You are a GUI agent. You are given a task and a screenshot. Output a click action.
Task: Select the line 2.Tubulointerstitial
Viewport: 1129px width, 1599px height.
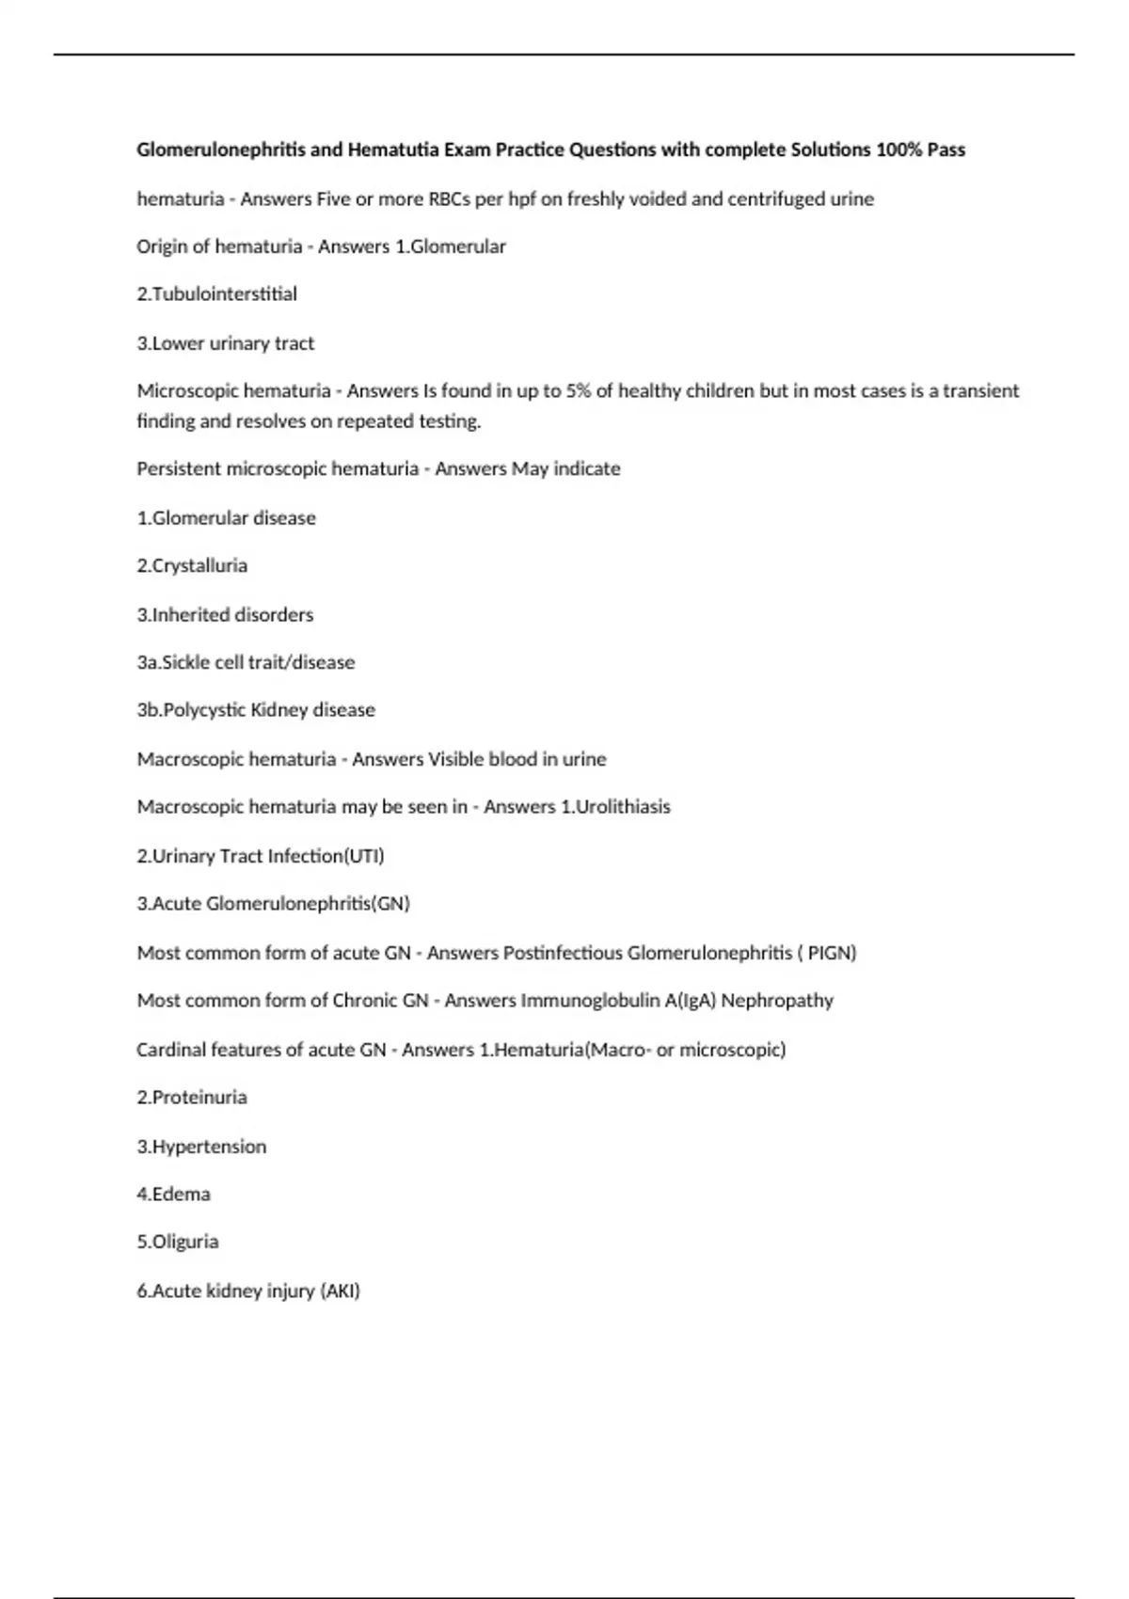coord(216,294)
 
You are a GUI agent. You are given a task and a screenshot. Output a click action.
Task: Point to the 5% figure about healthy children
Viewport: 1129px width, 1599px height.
coord(578,390)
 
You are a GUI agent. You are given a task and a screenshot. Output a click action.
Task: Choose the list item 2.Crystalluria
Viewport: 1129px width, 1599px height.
coord(192,565)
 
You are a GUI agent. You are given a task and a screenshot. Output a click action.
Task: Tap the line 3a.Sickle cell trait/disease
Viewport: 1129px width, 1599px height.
coord(246,662)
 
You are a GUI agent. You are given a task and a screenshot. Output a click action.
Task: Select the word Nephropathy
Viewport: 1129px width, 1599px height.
coord(777,1001)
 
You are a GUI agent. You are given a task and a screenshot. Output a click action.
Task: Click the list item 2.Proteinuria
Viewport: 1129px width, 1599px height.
coord(192,1098)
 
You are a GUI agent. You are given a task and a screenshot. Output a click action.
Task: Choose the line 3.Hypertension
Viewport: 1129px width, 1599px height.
coord(201,1147)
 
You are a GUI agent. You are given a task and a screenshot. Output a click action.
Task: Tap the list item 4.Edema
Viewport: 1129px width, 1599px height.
coord(173,1195)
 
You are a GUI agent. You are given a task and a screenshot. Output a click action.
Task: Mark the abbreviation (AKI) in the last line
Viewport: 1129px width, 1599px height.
coord(341,1291)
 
